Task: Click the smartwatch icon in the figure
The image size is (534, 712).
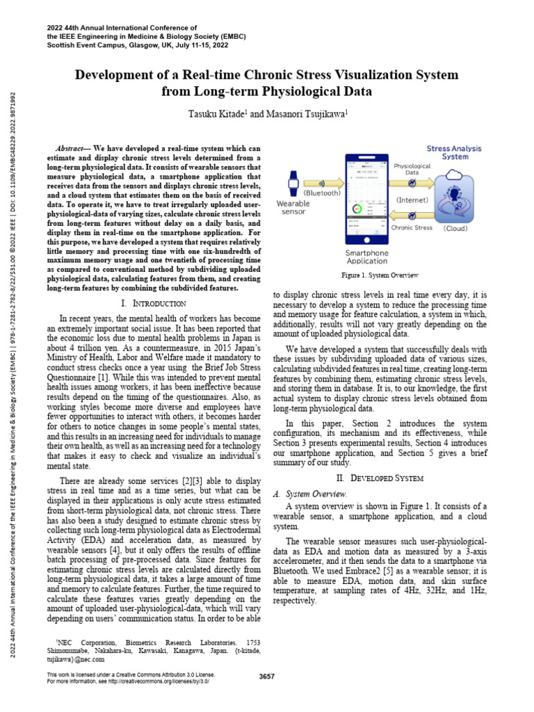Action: (293, 186)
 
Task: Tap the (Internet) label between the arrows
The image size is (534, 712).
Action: (412, 200)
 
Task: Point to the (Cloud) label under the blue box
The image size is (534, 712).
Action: (455, 227)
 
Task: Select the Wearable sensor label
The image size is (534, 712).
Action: (293, 208)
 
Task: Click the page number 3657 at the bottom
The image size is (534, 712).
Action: (266, 677)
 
